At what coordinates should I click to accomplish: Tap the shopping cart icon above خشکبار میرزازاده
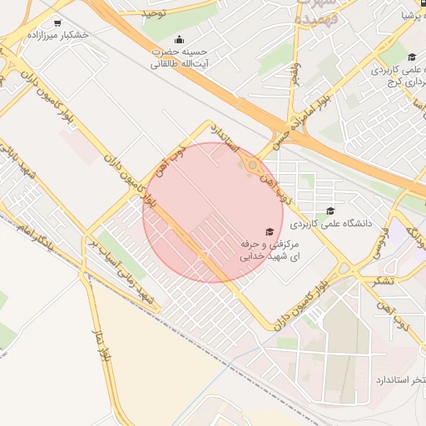[x=57, y=23]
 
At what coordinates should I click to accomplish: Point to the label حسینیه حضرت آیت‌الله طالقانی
[x=178, y=57]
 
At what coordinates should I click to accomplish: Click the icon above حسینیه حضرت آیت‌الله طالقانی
[x=179, y=39]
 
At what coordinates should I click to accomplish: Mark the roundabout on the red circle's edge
[x=250, y=164]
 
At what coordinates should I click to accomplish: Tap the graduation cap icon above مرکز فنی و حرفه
[x=269, y=231]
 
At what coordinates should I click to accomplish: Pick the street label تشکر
[x=385, y=280]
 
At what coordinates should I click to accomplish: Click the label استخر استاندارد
[x=395, y=379]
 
